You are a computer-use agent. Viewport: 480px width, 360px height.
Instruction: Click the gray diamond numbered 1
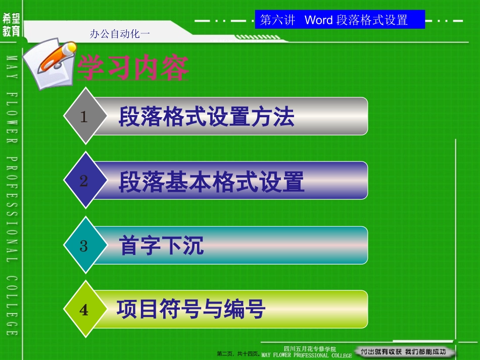coord(84,117)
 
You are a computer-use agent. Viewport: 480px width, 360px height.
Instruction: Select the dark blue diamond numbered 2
coord(84,181)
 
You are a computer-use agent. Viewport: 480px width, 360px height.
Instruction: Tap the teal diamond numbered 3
coord(84,246)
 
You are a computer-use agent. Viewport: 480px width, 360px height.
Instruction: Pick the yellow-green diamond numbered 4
coord(84,310)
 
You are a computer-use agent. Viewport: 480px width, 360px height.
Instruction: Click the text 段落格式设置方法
coord(206,117)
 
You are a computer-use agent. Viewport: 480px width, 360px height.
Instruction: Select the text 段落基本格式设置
coord(211,182)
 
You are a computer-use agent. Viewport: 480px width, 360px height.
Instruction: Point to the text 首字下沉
coord(162,246)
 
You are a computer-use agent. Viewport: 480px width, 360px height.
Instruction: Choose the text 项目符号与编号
coord(191,308)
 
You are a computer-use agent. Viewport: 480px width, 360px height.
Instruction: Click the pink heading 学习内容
coord(132,68)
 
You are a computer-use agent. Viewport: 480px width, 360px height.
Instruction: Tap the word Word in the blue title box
coord(319,20)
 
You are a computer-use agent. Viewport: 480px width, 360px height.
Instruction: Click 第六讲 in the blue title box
coord(277,20)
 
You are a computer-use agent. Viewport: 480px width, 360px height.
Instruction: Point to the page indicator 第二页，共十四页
coord(238,354)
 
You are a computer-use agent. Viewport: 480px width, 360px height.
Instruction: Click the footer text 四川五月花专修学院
coord(310,348)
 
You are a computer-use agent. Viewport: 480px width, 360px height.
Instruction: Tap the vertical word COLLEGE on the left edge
coord(12,306)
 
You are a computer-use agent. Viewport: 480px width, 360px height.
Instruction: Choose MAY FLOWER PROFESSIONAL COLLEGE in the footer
coord(306,355)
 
